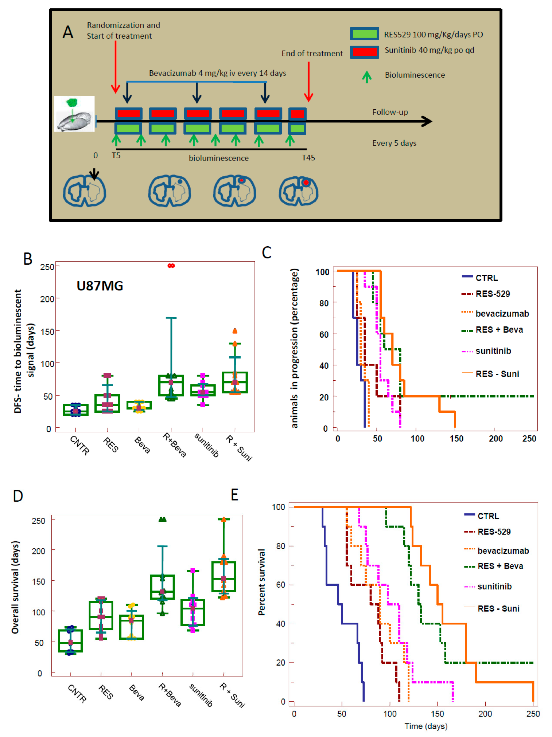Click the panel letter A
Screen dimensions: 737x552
(68, 32)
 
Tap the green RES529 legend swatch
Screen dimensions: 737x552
(364, 34)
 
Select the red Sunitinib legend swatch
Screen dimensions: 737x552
(364, 52)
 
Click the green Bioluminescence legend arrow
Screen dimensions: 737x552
(366, 77)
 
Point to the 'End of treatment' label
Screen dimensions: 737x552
(312, 54)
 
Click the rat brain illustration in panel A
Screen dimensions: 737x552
(74, 114)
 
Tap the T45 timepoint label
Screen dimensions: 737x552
(308, 158)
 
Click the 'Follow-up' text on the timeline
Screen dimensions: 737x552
(390, 112)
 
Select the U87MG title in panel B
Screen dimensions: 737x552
(100, 286)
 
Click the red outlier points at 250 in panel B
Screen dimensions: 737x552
(171, 266)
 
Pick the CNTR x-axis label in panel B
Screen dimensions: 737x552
(79, 445)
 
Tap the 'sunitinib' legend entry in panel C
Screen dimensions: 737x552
(493, 351)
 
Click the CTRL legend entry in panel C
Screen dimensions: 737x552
(486, 278)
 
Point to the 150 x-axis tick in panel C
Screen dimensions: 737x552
(456, 439)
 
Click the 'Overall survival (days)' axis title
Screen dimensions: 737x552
(15, 587)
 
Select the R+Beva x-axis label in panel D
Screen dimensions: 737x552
(170, 695)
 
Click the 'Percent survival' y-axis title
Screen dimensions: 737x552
(261, 582)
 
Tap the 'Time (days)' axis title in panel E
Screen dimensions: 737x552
(426, 726)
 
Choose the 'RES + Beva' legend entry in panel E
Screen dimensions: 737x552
(500, 566)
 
